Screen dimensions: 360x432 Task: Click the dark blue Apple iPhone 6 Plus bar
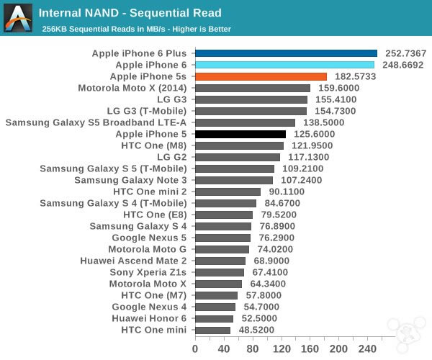[286, 53]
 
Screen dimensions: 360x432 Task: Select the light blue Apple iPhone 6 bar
[284, 65]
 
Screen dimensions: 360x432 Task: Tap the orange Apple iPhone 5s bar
[261, 76]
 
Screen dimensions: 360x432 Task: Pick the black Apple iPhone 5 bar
[240, 134]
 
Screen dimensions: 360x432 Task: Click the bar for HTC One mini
[212, 330]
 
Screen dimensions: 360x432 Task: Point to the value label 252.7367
[405, 53]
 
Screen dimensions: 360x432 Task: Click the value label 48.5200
[258, 330]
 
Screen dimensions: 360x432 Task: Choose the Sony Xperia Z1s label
[148, 272]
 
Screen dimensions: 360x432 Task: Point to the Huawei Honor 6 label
[149, 318]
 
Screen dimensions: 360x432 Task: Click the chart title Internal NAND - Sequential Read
[130, 13]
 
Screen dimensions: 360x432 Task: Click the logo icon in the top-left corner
[17, 17]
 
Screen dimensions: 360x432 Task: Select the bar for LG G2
[238, 157]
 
